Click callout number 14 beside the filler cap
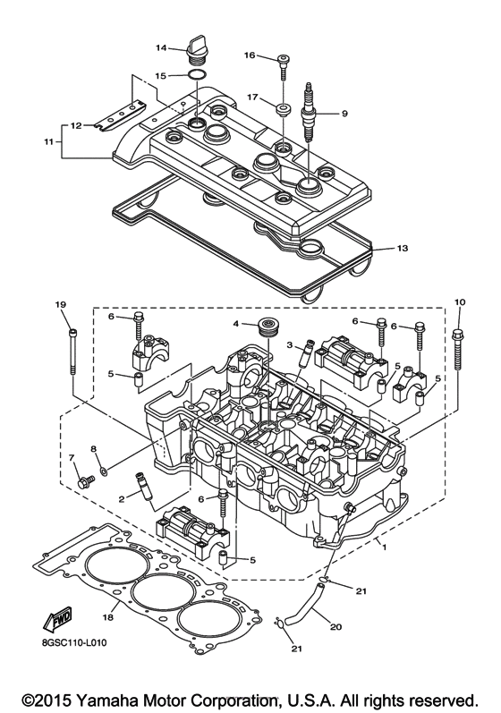click(x=162, y=47)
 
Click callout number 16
click(x=251, y=55)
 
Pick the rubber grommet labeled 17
click(x=284, y=109)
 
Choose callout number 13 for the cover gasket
click(x=401, y=248)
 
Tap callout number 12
click(x=76, y=125)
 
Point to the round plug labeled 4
click(x=265, y=326)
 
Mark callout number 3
click(x=290, y=344)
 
